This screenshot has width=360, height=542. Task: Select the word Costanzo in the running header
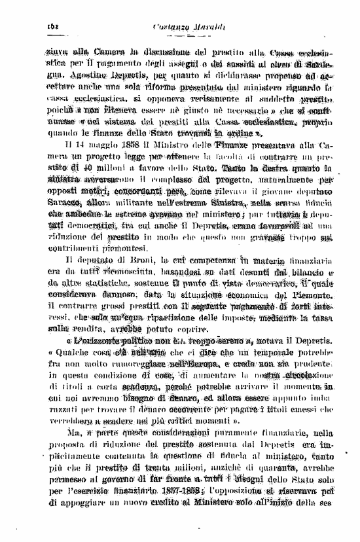point(166,26)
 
